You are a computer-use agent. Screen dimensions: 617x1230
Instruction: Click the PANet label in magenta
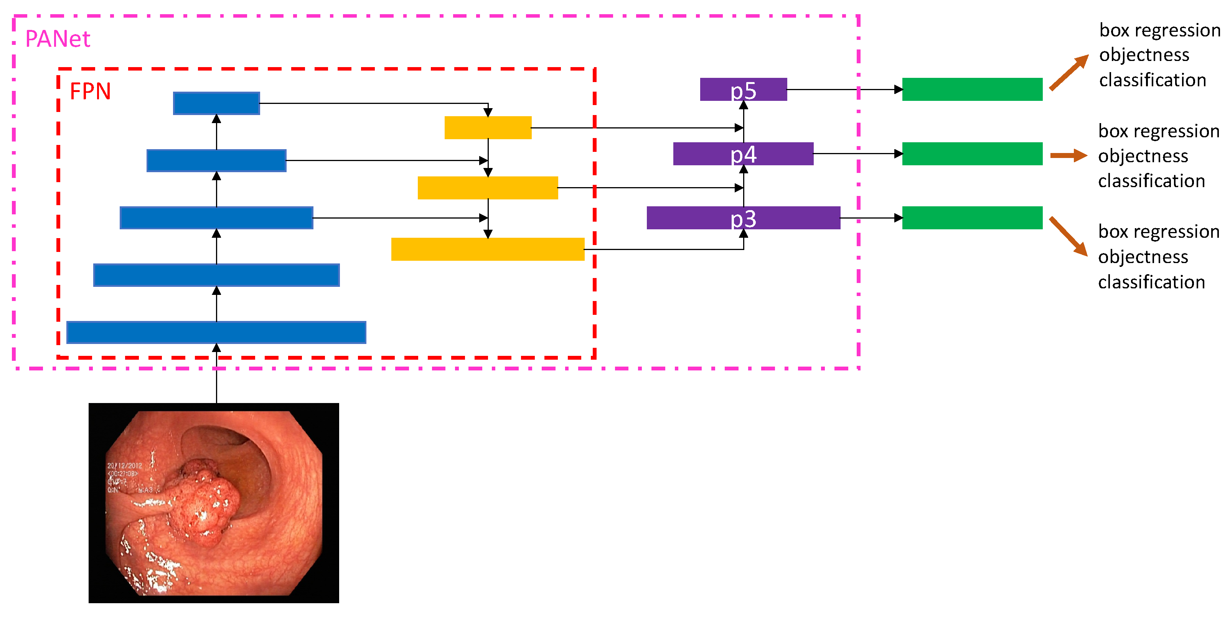[57, 39]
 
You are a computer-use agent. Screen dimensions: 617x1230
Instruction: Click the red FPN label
[90, 91]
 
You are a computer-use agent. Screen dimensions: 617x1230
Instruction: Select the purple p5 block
[743, 89]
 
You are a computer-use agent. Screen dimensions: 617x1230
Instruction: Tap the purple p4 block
[743, 154]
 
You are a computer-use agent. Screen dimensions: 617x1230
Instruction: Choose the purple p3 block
[743, 218]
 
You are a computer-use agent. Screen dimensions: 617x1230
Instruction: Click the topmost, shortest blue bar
[216, 103]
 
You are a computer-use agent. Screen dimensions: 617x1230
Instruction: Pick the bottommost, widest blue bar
[216, 332]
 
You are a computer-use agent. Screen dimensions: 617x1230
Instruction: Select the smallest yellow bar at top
[488, 127]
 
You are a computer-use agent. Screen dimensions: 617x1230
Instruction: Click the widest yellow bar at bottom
[488, 249]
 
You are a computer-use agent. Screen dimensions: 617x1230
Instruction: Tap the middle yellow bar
[488, 188]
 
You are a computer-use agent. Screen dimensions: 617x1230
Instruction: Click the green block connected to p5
[972, 89]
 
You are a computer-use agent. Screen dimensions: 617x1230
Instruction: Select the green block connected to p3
[972, 218]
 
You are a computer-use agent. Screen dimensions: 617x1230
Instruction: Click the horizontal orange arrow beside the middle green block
[1068, 155]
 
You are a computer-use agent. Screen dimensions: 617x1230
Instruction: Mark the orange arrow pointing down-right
[1068, 236]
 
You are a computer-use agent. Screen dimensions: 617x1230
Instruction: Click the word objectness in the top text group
[1144, 55]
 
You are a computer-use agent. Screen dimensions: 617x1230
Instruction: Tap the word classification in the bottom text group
[1151, 282]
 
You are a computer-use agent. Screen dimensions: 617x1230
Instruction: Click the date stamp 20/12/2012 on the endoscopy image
[124, 465]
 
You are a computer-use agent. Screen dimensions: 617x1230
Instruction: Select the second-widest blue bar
[216, 275]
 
